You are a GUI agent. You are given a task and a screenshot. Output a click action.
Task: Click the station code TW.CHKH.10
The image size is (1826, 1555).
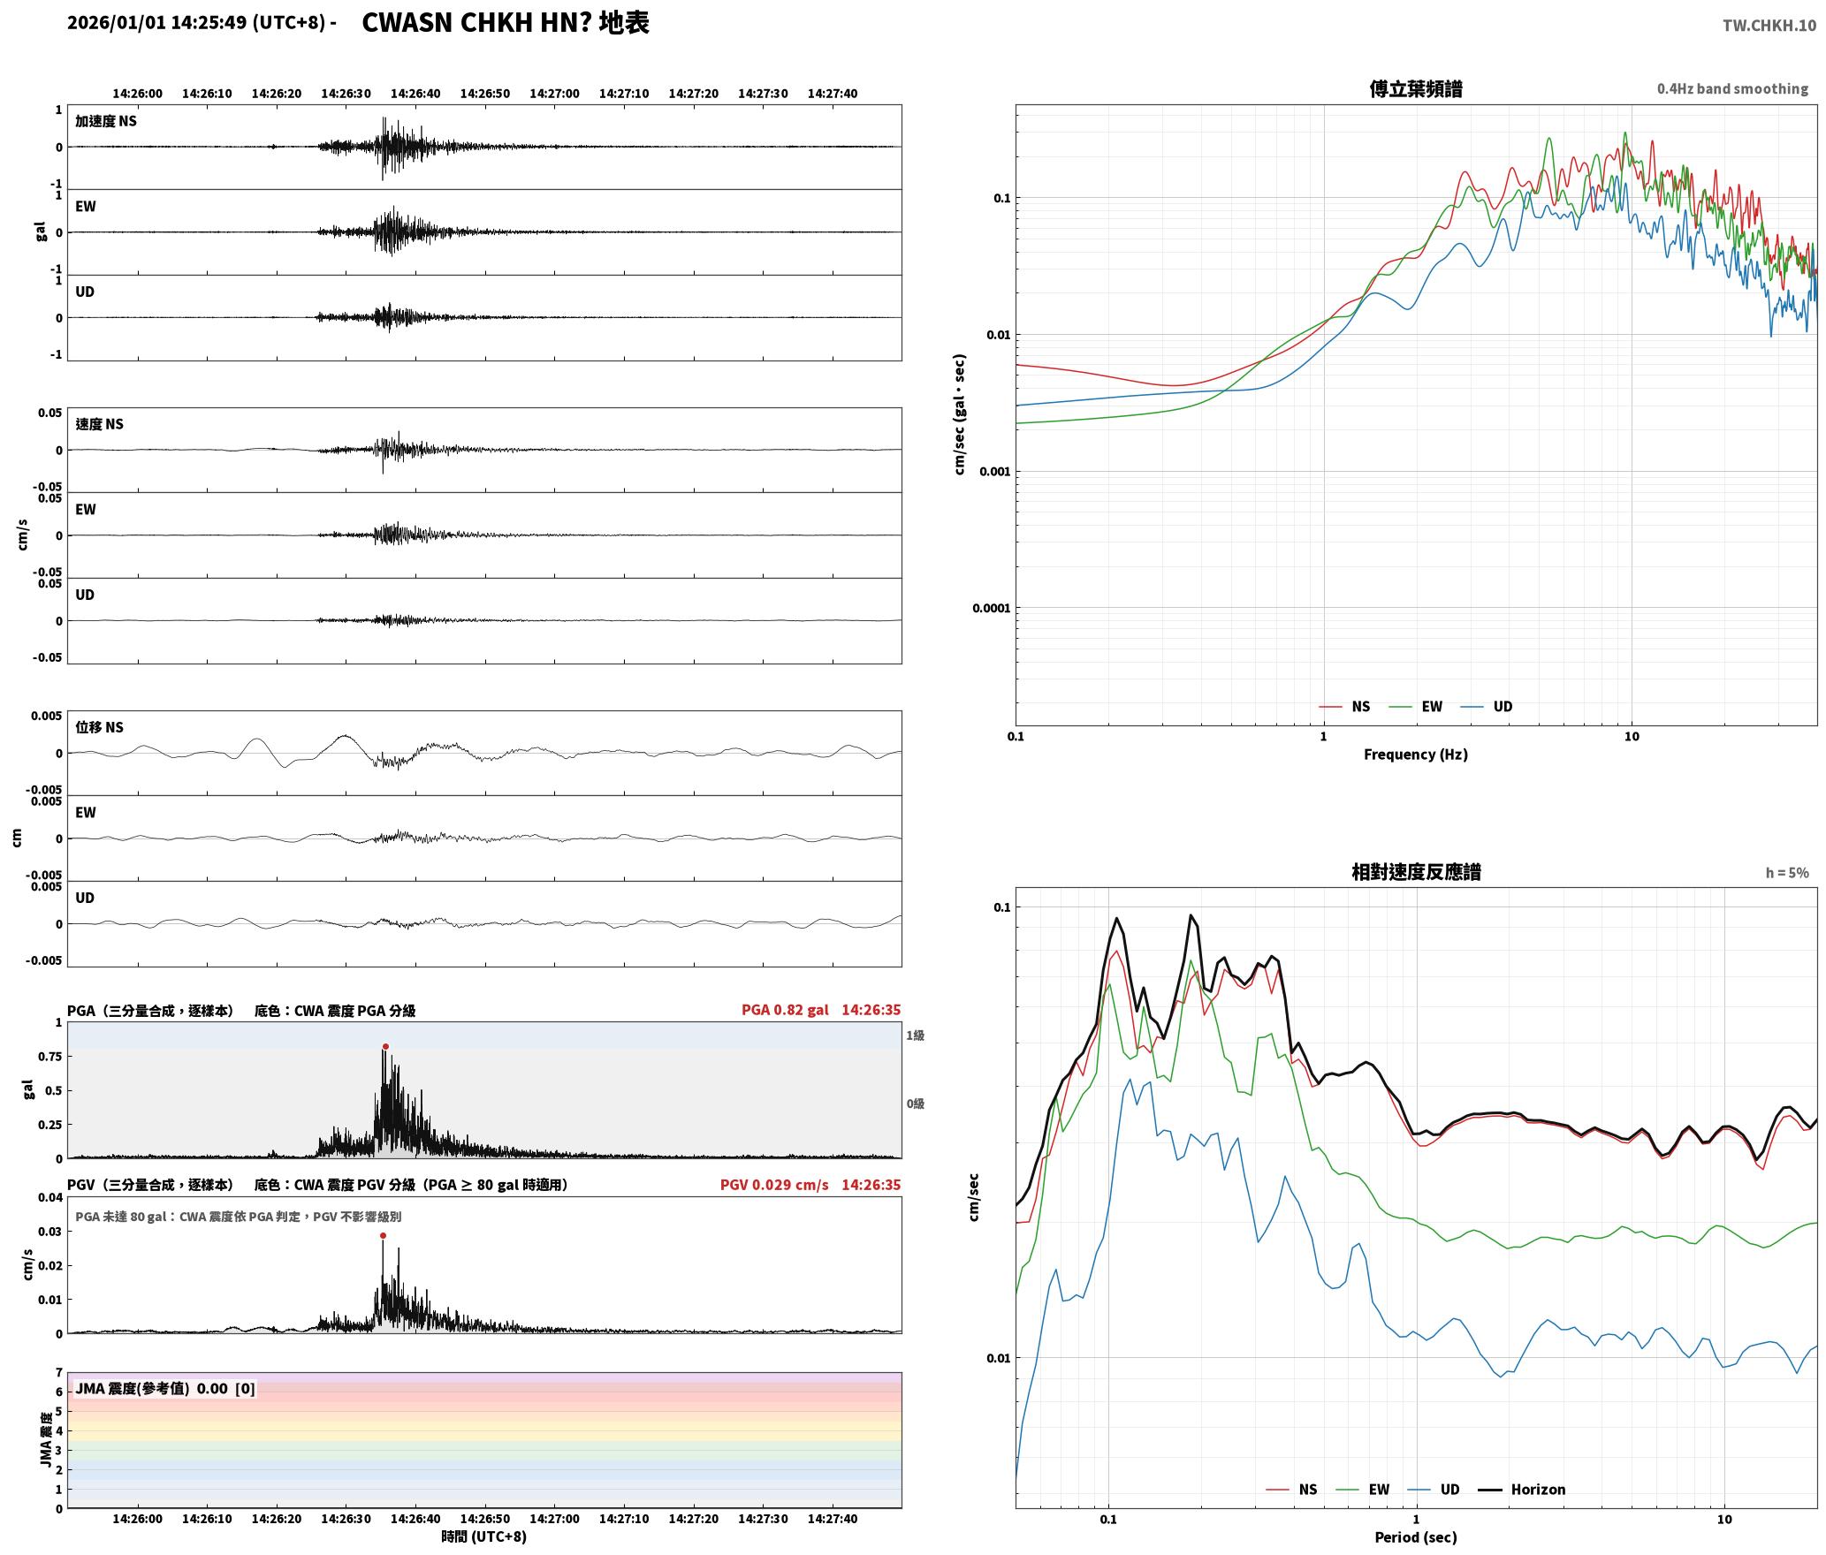(1769, 25)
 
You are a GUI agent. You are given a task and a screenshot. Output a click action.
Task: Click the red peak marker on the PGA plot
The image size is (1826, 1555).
(385, 1047)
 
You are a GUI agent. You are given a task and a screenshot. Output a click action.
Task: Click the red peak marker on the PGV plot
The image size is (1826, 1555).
(383, 1236)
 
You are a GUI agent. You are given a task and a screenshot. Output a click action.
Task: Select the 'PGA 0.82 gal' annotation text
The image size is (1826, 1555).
(785, 1010)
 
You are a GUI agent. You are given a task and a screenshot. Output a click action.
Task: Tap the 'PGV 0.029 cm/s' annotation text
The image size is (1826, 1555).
(774, 1185)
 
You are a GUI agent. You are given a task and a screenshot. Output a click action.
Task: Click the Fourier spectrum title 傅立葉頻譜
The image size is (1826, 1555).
(1416, 88)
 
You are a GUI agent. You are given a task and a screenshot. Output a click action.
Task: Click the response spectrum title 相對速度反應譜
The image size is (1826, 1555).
(1416, 872)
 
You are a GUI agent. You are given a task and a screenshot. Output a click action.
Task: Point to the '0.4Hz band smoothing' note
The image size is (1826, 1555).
(1732, 89)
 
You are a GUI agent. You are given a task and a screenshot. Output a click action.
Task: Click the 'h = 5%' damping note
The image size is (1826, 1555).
(1787, 873)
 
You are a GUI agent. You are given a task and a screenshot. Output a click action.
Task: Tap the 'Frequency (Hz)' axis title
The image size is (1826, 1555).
(1416, 755)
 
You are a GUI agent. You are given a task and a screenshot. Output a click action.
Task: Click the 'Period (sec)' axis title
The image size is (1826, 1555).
(1416, 1537)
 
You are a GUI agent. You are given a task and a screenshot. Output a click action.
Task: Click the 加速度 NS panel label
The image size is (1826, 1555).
(106, 121)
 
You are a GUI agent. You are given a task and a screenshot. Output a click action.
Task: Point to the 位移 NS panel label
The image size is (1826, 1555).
(99, 727)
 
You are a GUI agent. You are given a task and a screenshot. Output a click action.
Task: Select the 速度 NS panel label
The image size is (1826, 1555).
(99, 424)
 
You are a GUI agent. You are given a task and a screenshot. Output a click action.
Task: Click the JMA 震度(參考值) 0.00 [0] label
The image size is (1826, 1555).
(165, 1389)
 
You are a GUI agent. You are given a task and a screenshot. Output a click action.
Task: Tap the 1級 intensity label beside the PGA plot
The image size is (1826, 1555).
(915, 1035)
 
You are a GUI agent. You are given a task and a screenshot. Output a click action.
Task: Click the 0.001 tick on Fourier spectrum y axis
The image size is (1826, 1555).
(994, 472)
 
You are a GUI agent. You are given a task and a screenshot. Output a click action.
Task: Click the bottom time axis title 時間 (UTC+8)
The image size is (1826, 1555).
(484, 1537)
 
